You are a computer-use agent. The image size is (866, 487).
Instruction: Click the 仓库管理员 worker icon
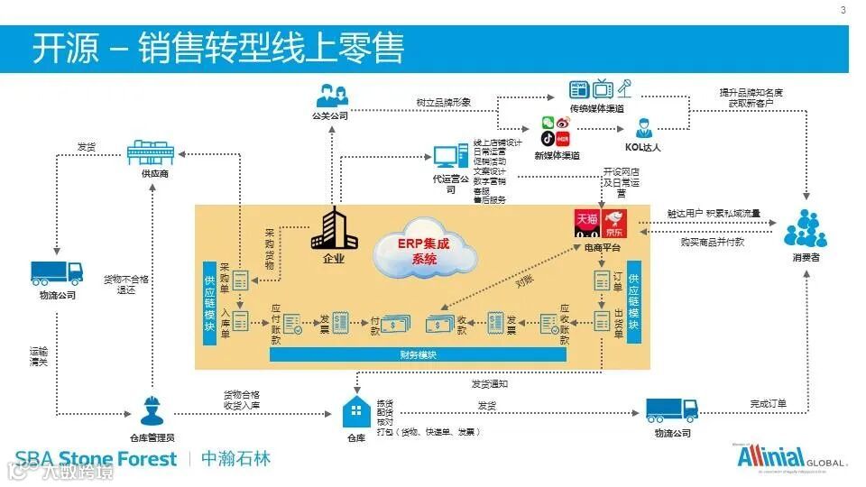click(x=151, y=412)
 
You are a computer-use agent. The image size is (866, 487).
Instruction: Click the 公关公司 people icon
click(x=330, y=95)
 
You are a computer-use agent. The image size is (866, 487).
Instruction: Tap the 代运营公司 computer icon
click(x=450, y=158)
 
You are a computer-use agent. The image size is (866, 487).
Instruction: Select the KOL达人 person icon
click(x=644, y=126)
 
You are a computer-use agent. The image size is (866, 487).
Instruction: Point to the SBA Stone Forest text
click(x=97, y=459)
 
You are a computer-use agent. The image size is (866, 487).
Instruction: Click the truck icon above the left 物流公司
click(x=57, y=272)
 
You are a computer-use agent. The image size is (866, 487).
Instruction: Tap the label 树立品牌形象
click(x=444, y=103)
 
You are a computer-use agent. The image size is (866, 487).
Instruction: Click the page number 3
click(x=843, y=11)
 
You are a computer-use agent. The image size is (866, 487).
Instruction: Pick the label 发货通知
click(x=490, y=382)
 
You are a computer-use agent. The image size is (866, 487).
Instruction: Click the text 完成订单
click(x=768, y=402)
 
